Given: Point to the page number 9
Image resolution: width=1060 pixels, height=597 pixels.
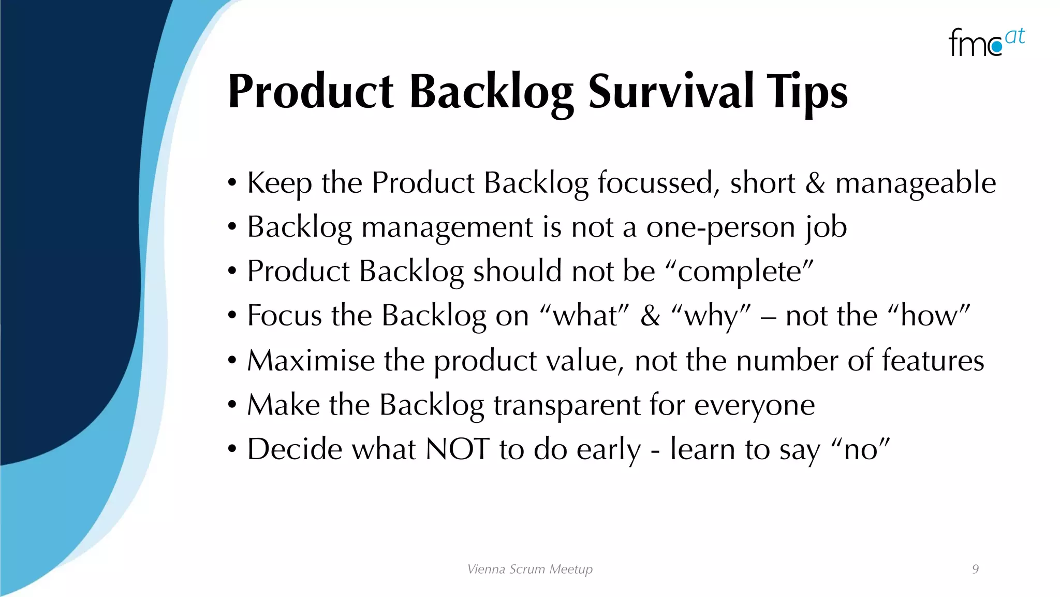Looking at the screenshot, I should [975, 569].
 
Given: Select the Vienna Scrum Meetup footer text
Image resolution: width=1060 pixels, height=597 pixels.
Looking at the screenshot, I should [529, 569].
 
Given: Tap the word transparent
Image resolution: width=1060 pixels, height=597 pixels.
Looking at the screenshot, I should [567, 405].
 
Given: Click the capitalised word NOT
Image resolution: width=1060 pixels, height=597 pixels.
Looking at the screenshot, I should [457, 449].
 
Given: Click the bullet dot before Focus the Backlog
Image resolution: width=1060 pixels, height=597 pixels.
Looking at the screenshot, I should [232, 316].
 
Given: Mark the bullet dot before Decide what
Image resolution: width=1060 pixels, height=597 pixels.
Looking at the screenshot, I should [232, 449].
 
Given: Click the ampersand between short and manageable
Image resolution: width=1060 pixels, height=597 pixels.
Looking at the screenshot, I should [815, 183].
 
